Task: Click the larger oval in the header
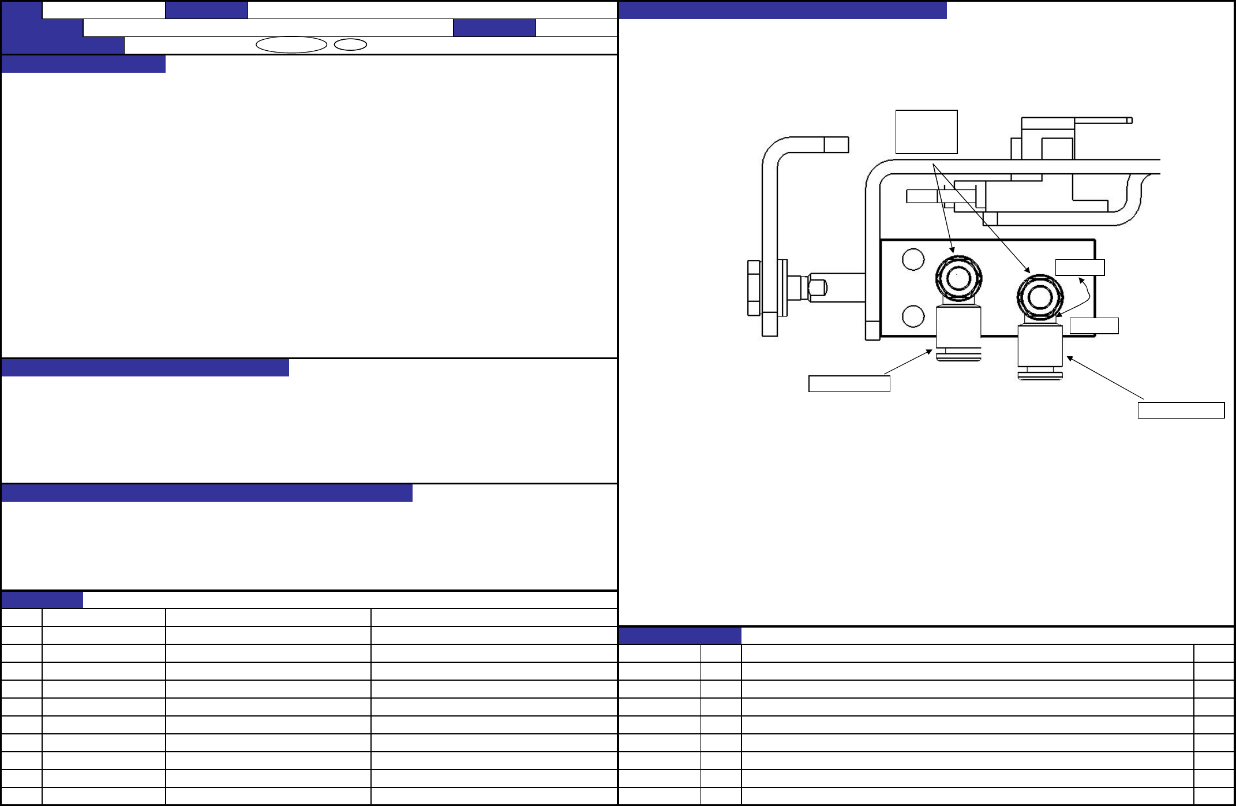[291, 44]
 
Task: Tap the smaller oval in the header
[350, 44]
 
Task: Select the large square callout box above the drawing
[926, 132]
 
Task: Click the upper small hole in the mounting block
[913, 259]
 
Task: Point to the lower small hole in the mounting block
[913, 316]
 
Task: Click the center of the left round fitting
[958, 278]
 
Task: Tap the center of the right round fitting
[1040, 297]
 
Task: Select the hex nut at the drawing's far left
[754, 288]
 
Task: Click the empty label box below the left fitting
[849, 384]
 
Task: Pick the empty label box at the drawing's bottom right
[1181, 411]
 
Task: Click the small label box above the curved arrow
[1080, 267]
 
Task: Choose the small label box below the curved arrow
[1094, 326]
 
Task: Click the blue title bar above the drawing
[782, 10]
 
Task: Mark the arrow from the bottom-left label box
[908, 362]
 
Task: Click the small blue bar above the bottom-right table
[680, 636]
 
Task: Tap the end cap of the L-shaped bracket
[836, 144]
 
